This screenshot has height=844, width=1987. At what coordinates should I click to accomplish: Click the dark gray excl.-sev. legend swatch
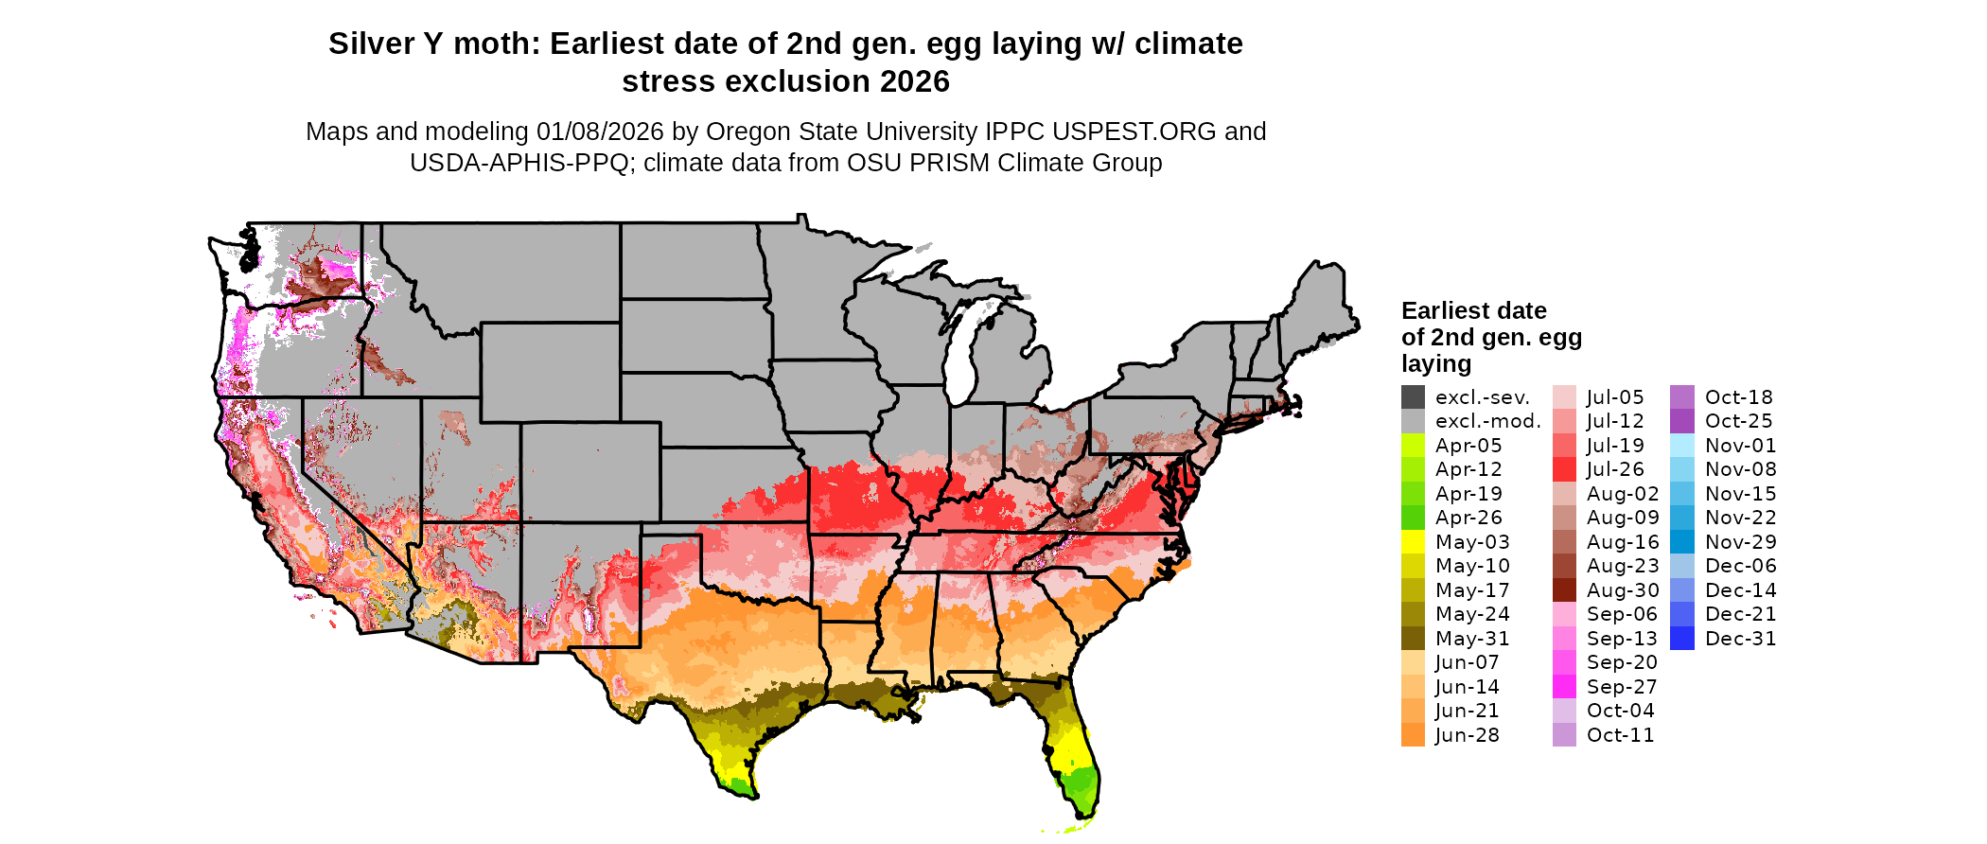(x=1413, y=397)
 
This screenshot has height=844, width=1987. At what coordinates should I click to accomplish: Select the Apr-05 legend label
(x=1468, y=446)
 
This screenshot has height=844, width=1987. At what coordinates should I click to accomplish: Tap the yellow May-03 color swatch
(x=1413, y=542)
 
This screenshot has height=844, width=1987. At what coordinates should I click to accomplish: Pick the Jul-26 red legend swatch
(x=1564, y=469)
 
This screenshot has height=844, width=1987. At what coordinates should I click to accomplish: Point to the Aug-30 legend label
(x=1622, y=590)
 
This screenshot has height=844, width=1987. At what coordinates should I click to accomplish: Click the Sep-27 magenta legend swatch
(x=1564, y=687)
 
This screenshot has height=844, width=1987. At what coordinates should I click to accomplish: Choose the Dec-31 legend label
(x=1740, y=639)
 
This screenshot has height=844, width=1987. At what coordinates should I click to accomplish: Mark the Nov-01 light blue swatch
(x=1682, y=446)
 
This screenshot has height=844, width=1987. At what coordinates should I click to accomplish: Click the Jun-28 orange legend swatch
(x=1413, y=735)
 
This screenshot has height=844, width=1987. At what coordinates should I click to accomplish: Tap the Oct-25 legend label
(x=1738, y=421)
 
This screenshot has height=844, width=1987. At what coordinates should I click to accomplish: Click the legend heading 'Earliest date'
(x=1473, y=311)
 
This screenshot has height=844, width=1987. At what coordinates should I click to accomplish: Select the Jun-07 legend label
(x=1467, y=662)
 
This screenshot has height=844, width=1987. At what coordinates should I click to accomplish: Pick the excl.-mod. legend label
(x=1487, y=421)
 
